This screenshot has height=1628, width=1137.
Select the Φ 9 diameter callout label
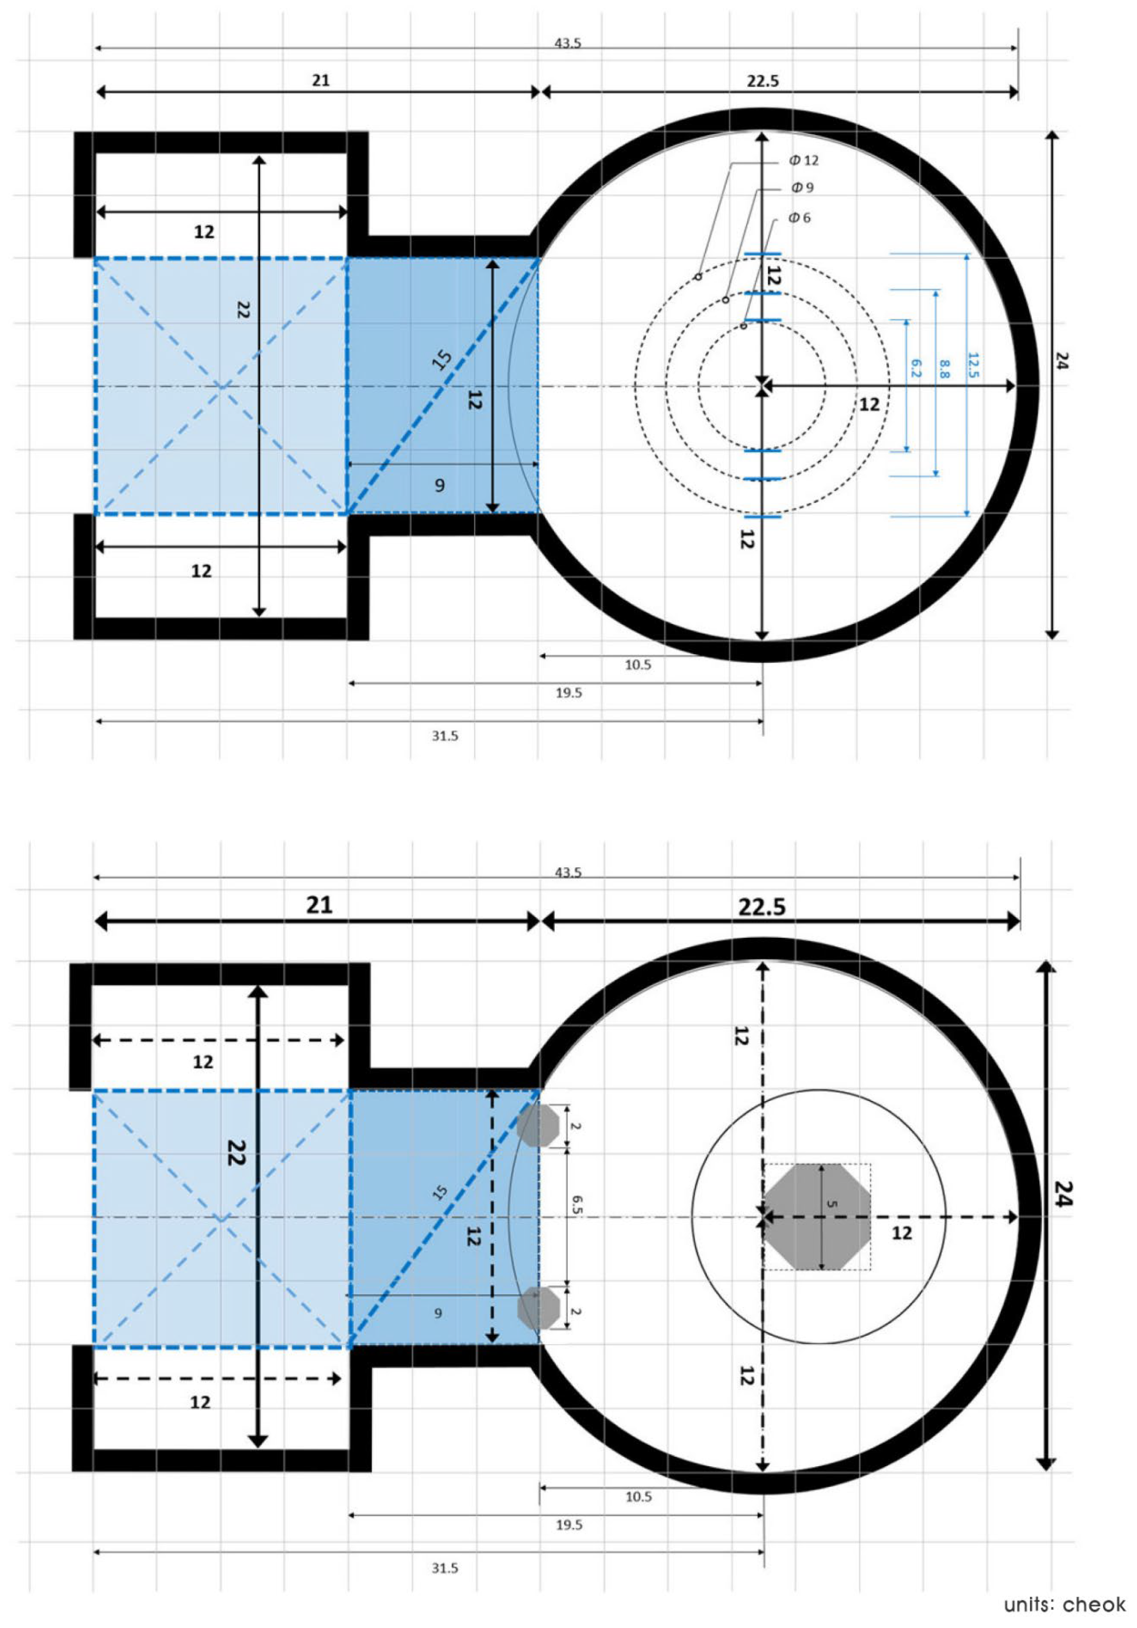point(803,188)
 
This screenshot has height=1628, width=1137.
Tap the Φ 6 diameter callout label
point(799,218)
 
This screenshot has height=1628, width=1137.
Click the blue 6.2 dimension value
point(915,368)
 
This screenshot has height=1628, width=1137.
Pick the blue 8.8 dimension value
point(944,368)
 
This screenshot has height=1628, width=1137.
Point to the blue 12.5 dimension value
point(973,365)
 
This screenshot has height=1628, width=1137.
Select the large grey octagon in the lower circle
point(817,1217)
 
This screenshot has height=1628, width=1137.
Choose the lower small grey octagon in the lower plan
point(539,1308)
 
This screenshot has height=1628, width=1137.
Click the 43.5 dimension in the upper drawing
point(568,43)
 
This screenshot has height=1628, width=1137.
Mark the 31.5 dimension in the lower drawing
point(445,1568)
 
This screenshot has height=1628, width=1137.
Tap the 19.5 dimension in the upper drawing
point(568,693)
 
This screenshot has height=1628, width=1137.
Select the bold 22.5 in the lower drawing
point(762,907)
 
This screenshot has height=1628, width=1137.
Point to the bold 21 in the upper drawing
point(320,80)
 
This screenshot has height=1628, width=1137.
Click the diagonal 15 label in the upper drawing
point(442,360)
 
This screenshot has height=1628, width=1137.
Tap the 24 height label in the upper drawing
point(1061,361)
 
